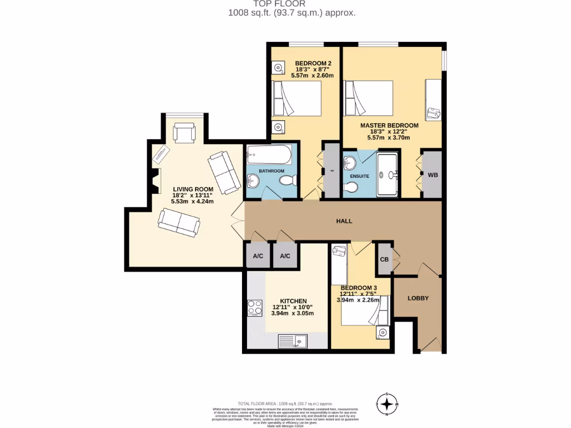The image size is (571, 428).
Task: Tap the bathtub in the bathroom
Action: [269, 153]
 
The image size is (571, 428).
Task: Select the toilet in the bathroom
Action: [288, 181]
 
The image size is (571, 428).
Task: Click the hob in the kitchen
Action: [255, 308]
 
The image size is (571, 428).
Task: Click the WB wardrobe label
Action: [433, 175]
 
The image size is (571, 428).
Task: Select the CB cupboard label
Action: [384, 259]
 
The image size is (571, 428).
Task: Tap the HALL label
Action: [344, 221]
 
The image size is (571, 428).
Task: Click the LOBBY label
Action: [418, 298]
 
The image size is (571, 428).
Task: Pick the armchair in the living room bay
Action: [184, 133]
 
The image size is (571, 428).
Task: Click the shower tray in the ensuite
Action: [388, 175]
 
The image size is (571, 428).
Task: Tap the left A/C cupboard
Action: [258, 256]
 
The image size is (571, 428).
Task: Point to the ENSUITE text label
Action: [360, 176]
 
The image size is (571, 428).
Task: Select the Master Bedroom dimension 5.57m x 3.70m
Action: [389, 138]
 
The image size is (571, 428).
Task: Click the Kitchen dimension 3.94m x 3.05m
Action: [292, 314]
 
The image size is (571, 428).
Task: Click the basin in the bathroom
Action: [252, 180]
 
